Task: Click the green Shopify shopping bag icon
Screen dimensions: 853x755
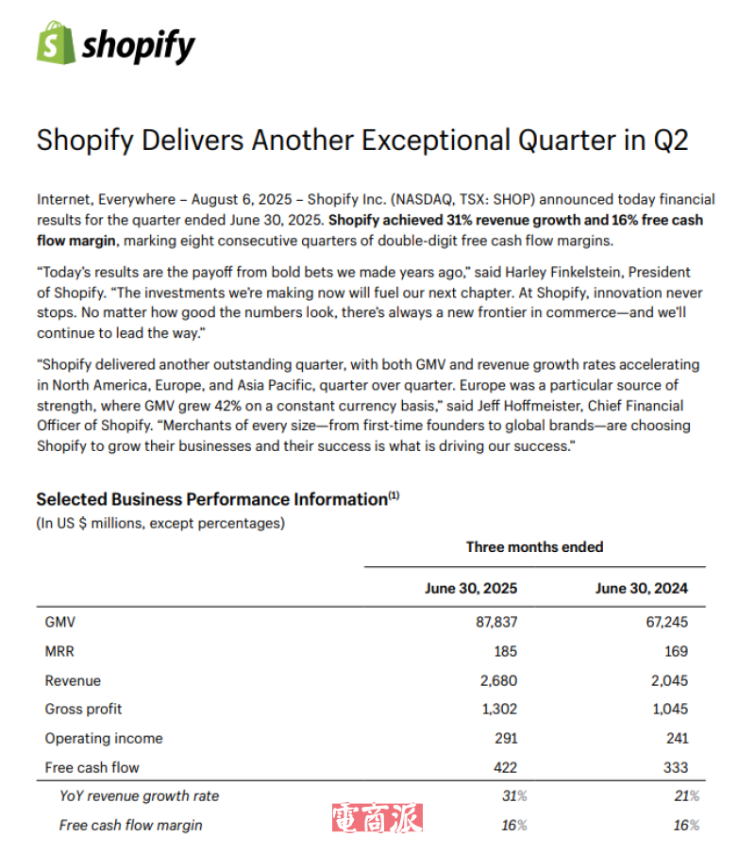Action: point(55,43)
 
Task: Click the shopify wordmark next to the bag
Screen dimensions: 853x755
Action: point(139,45)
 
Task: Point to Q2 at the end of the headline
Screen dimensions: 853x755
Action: point(670,141)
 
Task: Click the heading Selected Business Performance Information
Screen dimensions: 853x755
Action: point(211,499)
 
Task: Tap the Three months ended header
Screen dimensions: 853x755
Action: point(534,546)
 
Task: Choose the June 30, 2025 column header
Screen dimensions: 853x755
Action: point(471,588)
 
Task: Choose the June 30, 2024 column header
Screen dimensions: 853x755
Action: point(642,588)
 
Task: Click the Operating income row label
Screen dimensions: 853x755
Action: point(104,738)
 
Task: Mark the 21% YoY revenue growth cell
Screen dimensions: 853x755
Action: point(686,796)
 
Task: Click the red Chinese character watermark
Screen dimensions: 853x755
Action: point(377,817)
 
